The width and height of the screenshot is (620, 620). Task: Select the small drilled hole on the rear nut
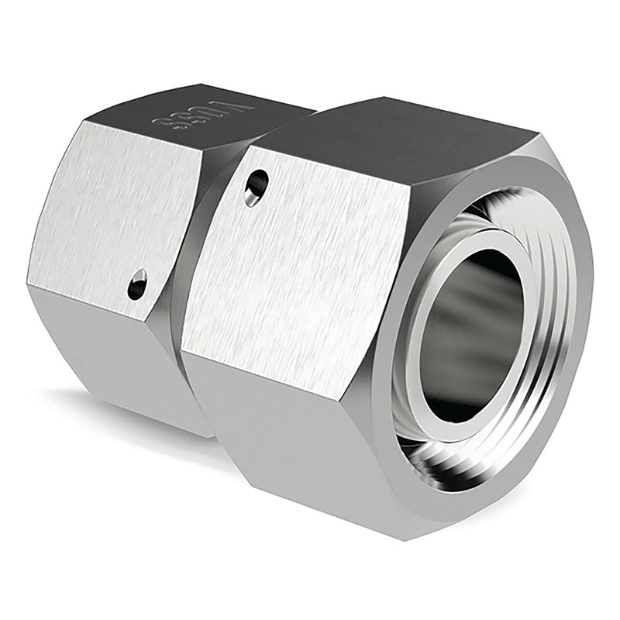point(137,284)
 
